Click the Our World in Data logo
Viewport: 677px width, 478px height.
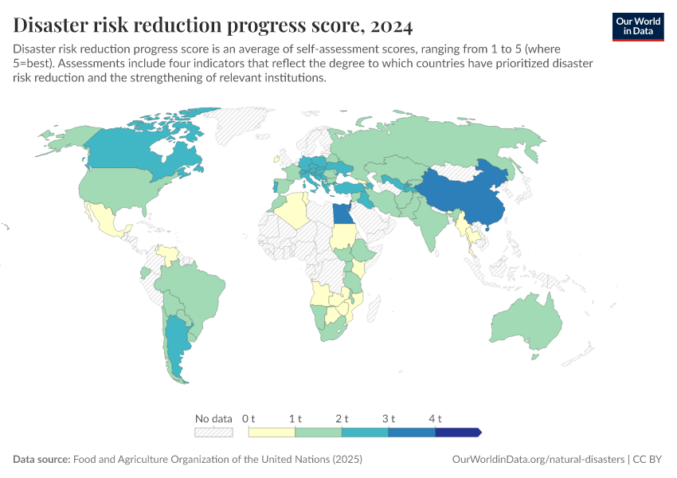[x=638, y=26]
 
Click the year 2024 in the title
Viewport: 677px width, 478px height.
[x=391, y=25]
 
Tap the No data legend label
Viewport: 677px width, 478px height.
[x=213, y=418]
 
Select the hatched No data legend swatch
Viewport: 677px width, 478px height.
[x=213, y=432]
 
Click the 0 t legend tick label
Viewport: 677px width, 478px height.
[x=248, y=418]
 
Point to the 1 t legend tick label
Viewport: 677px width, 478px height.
[x=295, y=418]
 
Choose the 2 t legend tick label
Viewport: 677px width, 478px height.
[x=342, y=418]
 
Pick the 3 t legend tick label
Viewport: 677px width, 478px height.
[x=389, y=418]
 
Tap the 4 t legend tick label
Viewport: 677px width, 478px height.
[x=435, y=418]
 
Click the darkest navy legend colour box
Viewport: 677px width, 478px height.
[x=457, y=432]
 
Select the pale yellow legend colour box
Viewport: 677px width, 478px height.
[x=272, y=432]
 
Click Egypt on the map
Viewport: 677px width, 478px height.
[x=341, y=214]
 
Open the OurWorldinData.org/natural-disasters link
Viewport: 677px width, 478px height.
[x=538, y=460]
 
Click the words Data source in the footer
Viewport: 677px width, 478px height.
[x=41, y=460]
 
